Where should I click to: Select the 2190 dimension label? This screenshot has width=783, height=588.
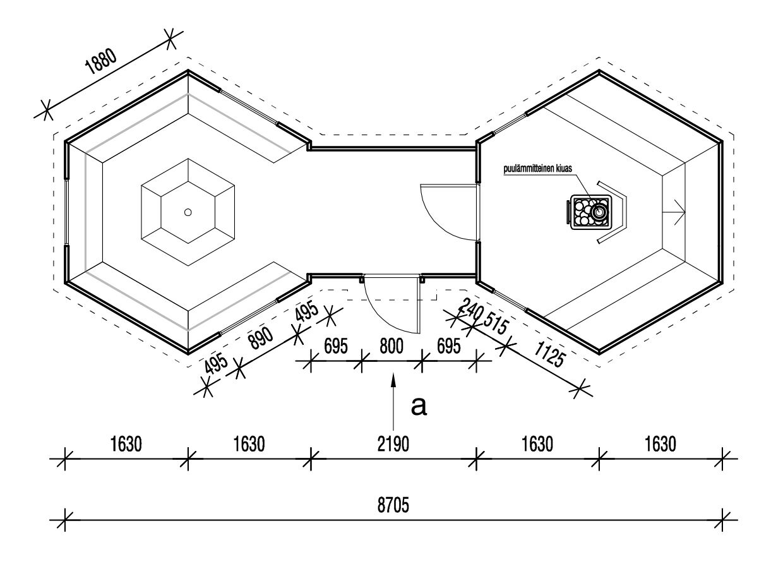[x=393, y=445]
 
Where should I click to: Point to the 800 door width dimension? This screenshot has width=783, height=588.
[x=391, y=346]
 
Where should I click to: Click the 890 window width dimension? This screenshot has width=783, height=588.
[x=261, y=338]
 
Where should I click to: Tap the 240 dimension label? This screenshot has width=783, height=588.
[x=470, y=309]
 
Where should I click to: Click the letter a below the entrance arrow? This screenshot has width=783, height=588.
[x=419, y=405]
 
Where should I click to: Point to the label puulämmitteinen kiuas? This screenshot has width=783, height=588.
[x=537, y=169]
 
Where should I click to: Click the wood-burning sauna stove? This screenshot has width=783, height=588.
[x=589, y=212]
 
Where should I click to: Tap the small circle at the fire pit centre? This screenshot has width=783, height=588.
[x=188, y=213]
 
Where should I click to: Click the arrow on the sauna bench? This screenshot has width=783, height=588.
[x=674, y=212]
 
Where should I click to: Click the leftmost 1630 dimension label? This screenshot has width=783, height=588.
[x=126, y=445]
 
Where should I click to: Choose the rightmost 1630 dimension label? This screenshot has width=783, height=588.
[x=660, y=445]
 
